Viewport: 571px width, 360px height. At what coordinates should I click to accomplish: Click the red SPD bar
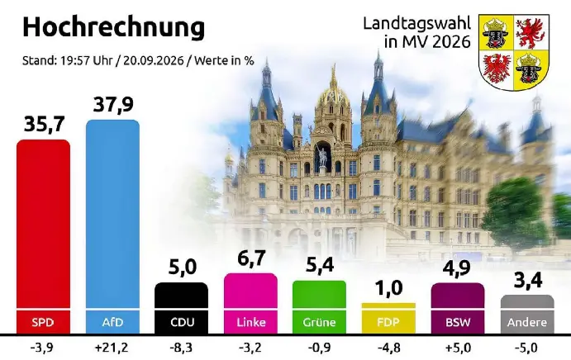pos(43,237)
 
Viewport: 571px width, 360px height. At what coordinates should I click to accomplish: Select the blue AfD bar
pos(112,226)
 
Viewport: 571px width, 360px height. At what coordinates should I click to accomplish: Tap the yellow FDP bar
pos(388,318)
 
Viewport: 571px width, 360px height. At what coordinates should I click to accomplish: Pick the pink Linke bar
pos(250,303)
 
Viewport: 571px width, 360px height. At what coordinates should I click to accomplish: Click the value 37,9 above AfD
pos(113,105)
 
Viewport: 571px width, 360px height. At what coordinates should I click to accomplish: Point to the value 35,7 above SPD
pos(44,124)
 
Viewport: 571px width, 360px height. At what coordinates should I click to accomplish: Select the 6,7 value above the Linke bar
pos(251,258)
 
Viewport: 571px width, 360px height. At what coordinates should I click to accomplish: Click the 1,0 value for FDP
pos(389,287)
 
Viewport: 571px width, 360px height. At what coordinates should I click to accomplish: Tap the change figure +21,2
pos(112,348)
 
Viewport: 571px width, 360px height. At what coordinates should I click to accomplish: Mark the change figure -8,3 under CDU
pos(181,348)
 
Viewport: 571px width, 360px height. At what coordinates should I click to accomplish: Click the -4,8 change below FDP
pos(388,348)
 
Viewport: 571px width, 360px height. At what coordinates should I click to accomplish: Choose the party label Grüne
pos(319,322)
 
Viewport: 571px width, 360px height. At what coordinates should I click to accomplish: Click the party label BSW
pos(458,322)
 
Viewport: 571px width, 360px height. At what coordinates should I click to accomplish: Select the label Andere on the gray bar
pos(527,322)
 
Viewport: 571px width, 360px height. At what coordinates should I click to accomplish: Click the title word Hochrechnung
pos(113,28)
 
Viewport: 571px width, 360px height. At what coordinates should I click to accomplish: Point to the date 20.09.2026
pos(154,60)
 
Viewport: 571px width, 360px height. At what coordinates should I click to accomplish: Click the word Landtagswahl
pos(417,24)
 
